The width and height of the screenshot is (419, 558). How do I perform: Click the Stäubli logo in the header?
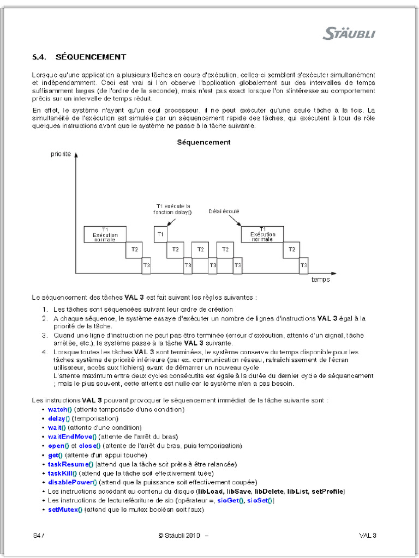tap(349, 34)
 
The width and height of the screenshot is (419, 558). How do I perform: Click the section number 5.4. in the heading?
tap(41, 57)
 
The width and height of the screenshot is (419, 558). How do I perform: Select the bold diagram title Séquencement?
tap(203, 142)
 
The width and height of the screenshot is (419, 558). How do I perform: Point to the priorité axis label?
tap(61, 155)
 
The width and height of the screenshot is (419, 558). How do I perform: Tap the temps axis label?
tap(320, 279)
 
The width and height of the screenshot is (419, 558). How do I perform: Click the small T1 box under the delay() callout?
tap(160, 234)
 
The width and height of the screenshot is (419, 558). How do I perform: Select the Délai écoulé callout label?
tap(224, 211)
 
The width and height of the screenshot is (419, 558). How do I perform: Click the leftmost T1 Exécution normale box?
tap(105, 234)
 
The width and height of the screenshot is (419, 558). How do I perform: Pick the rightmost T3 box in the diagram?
tap(303, 265)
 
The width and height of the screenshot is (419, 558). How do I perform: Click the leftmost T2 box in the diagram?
tap(134, 250)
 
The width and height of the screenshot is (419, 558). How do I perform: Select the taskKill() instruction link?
tap(62, 473)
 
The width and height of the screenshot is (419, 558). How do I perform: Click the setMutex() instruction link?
tap(65, 510)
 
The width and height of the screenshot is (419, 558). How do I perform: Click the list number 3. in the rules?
tap(46, 335)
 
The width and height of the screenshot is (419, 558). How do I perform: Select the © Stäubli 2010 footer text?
tap(180, 535)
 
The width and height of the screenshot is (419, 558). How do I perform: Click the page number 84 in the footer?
tap(37, 535)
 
